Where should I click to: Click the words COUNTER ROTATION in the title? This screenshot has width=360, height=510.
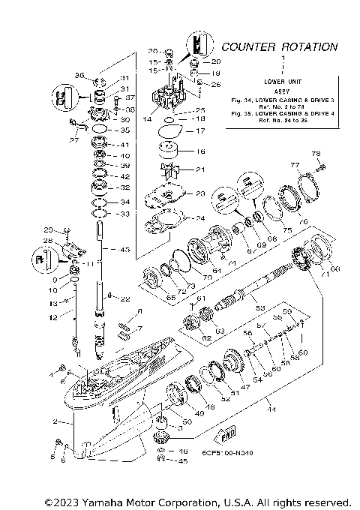pos(279,46)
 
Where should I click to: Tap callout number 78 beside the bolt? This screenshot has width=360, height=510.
pos(316,153)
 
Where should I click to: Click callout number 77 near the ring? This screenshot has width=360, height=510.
pos(295,166)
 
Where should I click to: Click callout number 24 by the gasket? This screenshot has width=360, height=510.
pos(199,219)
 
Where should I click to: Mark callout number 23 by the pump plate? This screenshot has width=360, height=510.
pos(199,194)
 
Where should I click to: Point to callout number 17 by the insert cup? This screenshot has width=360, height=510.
pos(199,131)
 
